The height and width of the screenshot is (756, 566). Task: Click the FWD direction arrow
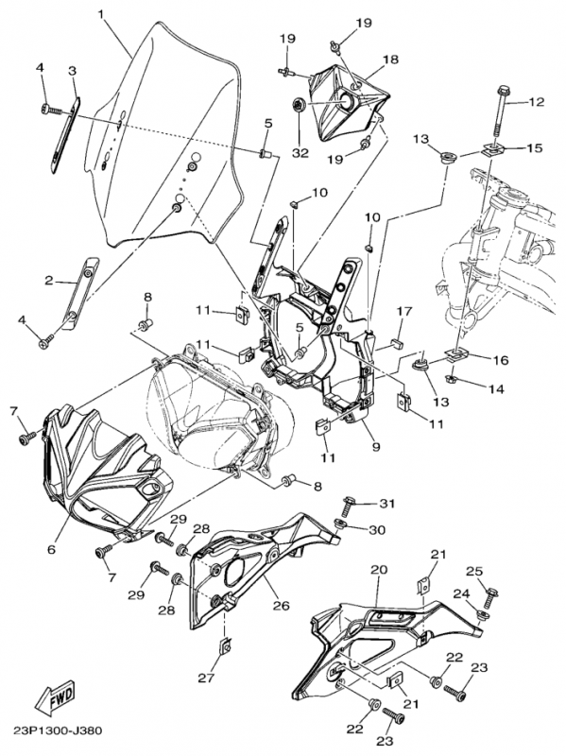(55, 696)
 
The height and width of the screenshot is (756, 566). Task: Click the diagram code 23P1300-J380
(58, 730)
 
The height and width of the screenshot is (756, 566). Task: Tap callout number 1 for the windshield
(101, 15)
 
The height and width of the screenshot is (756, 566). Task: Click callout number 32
(299, 153)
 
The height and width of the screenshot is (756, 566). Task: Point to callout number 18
(391, 60)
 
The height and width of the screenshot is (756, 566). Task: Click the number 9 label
(376, 446)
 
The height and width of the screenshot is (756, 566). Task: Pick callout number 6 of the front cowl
(52, 549)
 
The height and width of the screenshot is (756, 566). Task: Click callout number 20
(379, 570)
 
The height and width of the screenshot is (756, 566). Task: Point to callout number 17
(404, 312)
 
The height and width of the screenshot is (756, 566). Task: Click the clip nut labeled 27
(224, 644)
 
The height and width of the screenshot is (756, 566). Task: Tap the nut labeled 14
(453, 379)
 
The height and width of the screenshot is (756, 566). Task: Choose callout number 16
(501, 360)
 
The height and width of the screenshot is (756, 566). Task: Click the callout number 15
(535, 147)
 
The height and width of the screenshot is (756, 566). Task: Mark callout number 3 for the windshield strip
(72, 72)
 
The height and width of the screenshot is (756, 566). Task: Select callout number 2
(49, 280)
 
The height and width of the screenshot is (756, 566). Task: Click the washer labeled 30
(341, 524)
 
